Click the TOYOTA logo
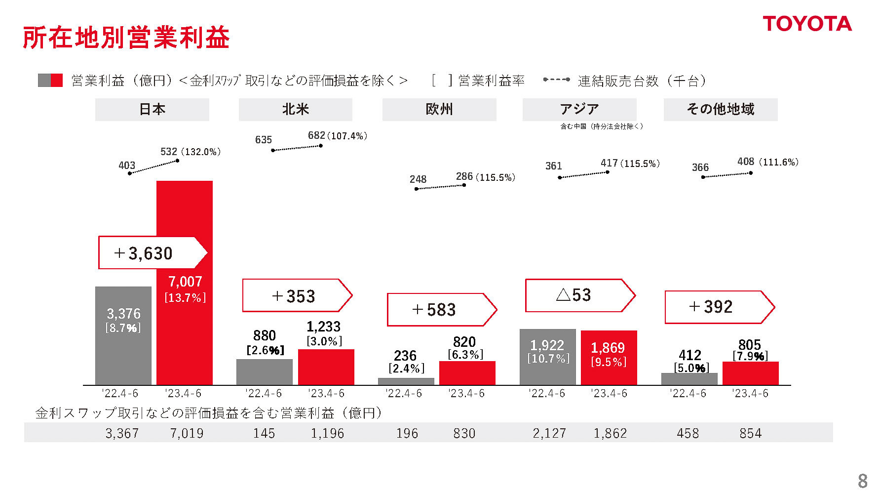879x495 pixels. [x=807, y=24]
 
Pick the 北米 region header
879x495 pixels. [x=295, y=109]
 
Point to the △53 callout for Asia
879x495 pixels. [x=577, y=295]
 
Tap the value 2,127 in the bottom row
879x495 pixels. [x=549, y=433]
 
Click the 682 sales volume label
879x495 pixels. [x=316, y=135]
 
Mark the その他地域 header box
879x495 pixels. [x=720, y=109]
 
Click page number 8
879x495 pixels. [x=862, y=481]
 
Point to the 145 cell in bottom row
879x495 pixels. [x=264, y=433]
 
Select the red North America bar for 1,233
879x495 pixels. [x=326, y=367]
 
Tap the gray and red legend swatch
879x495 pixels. [x=50, y=81]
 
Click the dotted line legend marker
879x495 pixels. [x=556, y=80]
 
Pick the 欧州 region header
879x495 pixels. [x=439, y=109]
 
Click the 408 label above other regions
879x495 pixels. [x=745, y=162]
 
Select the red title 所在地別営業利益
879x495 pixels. [x=126, y=38]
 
